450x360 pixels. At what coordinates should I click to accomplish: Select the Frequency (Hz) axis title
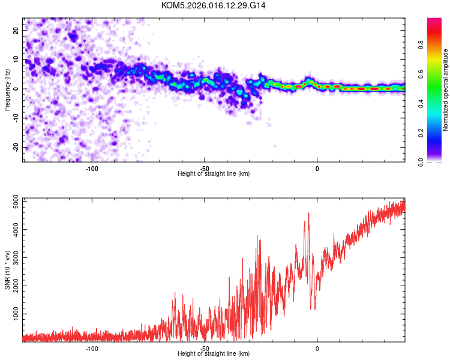[7, 89]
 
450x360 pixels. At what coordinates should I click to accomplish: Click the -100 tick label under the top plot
[92, 168]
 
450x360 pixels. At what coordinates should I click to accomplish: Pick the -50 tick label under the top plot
[205, 168]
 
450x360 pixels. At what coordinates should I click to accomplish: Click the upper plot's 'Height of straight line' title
[214, 174]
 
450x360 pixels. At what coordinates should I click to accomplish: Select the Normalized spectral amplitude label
[446, 90]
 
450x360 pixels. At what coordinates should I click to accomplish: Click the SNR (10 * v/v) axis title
[7, 270]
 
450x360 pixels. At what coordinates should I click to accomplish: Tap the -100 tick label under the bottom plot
[92, 348]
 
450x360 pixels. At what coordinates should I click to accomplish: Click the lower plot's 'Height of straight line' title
[214, 354]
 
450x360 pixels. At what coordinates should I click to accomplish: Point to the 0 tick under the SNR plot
[317, 348]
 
